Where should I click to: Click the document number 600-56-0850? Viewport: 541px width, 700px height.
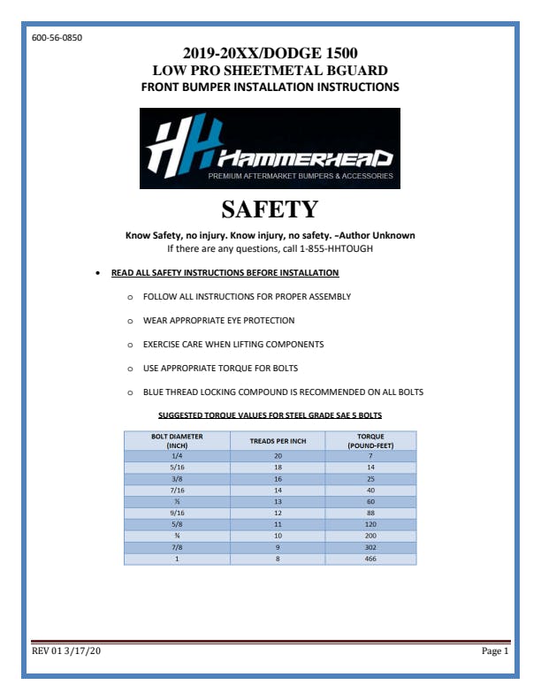(x=57, y=38)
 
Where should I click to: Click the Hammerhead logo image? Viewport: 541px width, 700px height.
(x=270, y=148)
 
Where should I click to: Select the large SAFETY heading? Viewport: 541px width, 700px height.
(x=270, y=209)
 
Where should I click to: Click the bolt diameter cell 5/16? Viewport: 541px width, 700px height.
(x=177, y=466)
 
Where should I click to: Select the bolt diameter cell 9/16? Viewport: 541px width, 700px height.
(x=177, y=513)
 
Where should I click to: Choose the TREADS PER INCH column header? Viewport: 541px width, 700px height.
(x=278, y=440)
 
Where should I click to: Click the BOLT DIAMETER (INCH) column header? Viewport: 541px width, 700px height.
(x=177, y=440)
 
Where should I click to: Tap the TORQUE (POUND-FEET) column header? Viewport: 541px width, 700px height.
(x=370, y=440)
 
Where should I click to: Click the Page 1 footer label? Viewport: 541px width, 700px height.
(x=494, y=651)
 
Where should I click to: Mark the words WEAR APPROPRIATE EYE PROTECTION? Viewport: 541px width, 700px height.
(x=218, y=320)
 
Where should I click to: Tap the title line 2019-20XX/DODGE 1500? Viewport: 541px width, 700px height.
(x=270, y=53)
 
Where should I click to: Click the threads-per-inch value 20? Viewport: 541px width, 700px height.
(x=278, y=454)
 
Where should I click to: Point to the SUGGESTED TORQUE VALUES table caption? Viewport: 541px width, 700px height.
(x=270, y=415)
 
